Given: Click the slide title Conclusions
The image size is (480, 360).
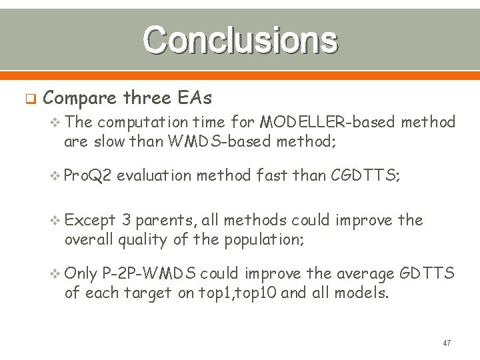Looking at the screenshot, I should (240, 40).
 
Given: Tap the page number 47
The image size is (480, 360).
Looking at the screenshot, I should (447, 343).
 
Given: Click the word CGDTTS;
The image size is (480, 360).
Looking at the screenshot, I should (365, 175).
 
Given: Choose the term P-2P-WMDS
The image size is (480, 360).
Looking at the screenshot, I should (150, 273).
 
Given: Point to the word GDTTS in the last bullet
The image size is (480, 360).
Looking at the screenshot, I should (431, 273).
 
